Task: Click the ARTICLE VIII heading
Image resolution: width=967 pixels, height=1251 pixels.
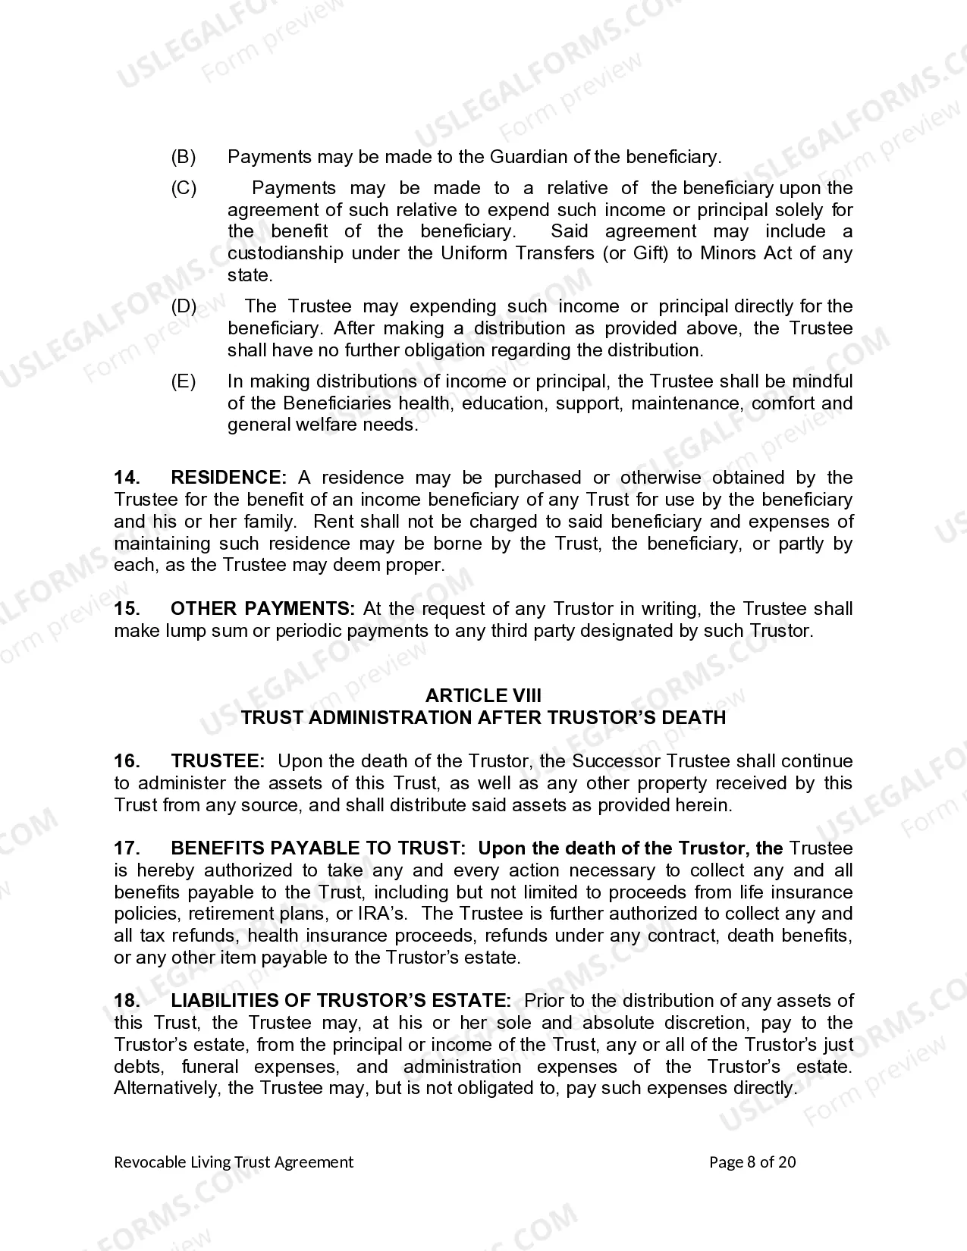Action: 483,695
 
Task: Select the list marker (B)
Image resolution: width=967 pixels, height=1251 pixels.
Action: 184,157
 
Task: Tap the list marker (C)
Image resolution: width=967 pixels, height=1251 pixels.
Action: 184,188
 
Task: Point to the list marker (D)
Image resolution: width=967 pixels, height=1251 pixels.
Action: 184,306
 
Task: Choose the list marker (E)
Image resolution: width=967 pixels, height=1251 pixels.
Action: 184,381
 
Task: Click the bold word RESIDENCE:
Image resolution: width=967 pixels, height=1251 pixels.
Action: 228,478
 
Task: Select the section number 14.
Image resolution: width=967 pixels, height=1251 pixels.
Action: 127,478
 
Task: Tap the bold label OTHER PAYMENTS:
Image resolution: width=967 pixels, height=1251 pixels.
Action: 262,609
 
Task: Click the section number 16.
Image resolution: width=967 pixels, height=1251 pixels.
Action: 127,761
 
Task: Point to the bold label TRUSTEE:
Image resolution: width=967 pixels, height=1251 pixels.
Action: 218,761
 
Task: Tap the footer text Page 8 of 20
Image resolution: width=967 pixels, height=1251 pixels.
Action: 752,1162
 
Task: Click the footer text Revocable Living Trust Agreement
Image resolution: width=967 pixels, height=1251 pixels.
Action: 234,1162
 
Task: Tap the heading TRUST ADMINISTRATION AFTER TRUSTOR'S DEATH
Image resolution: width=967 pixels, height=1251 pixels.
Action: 483,717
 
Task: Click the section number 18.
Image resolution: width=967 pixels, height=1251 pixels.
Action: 127,1001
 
